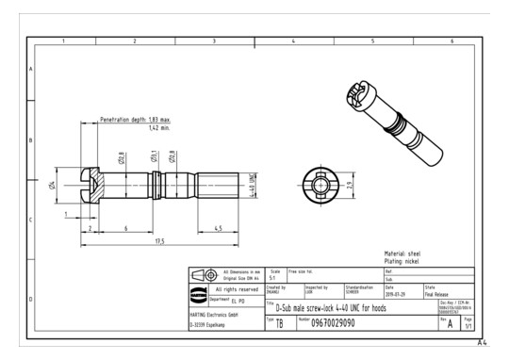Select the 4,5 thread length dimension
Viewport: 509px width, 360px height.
click(x=218, y=228)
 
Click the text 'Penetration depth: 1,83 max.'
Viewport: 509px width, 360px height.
click(x=135, y=121)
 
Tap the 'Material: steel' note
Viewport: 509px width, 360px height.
click(x=402, y=253)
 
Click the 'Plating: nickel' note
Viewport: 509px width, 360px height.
click(x=402, y=261)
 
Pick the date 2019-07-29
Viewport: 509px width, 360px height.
click(x=398, y=291)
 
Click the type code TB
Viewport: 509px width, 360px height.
click(x=280, y=322)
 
